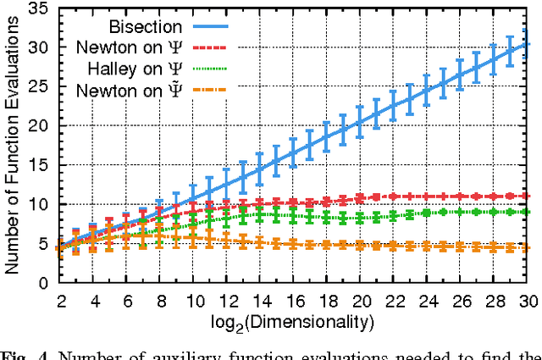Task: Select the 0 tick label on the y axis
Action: click(40, 283)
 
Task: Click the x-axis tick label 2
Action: click(61, 301)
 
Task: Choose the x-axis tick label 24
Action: click(430, 301)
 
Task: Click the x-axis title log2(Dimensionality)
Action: click(296, 323)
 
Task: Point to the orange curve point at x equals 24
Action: click(430, 246)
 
